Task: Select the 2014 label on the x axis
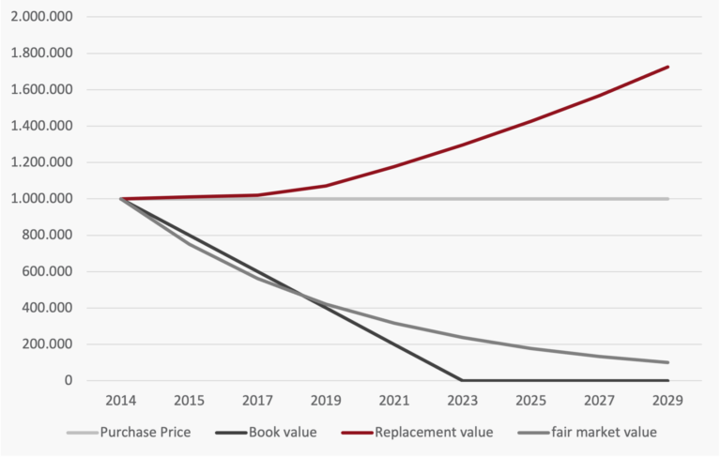click(120, 401)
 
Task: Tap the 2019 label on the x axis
click(326, 401)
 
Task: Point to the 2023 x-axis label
click(463, 401)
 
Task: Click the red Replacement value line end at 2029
click(668, 67)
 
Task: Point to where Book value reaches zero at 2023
click(463, 380)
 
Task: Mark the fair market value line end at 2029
click(668, 362)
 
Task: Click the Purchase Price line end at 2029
click(668, 199)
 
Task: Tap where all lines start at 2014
click(120, 199)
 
